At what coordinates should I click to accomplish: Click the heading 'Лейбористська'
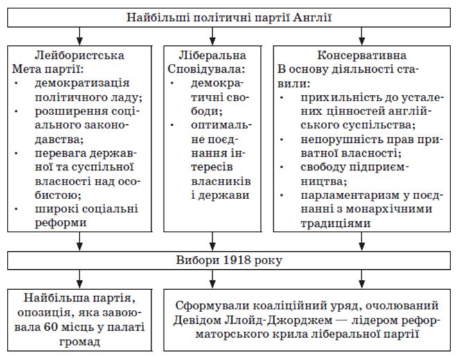tap(81, 54)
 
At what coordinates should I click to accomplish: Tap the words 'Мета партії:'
tap(46, 69)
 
